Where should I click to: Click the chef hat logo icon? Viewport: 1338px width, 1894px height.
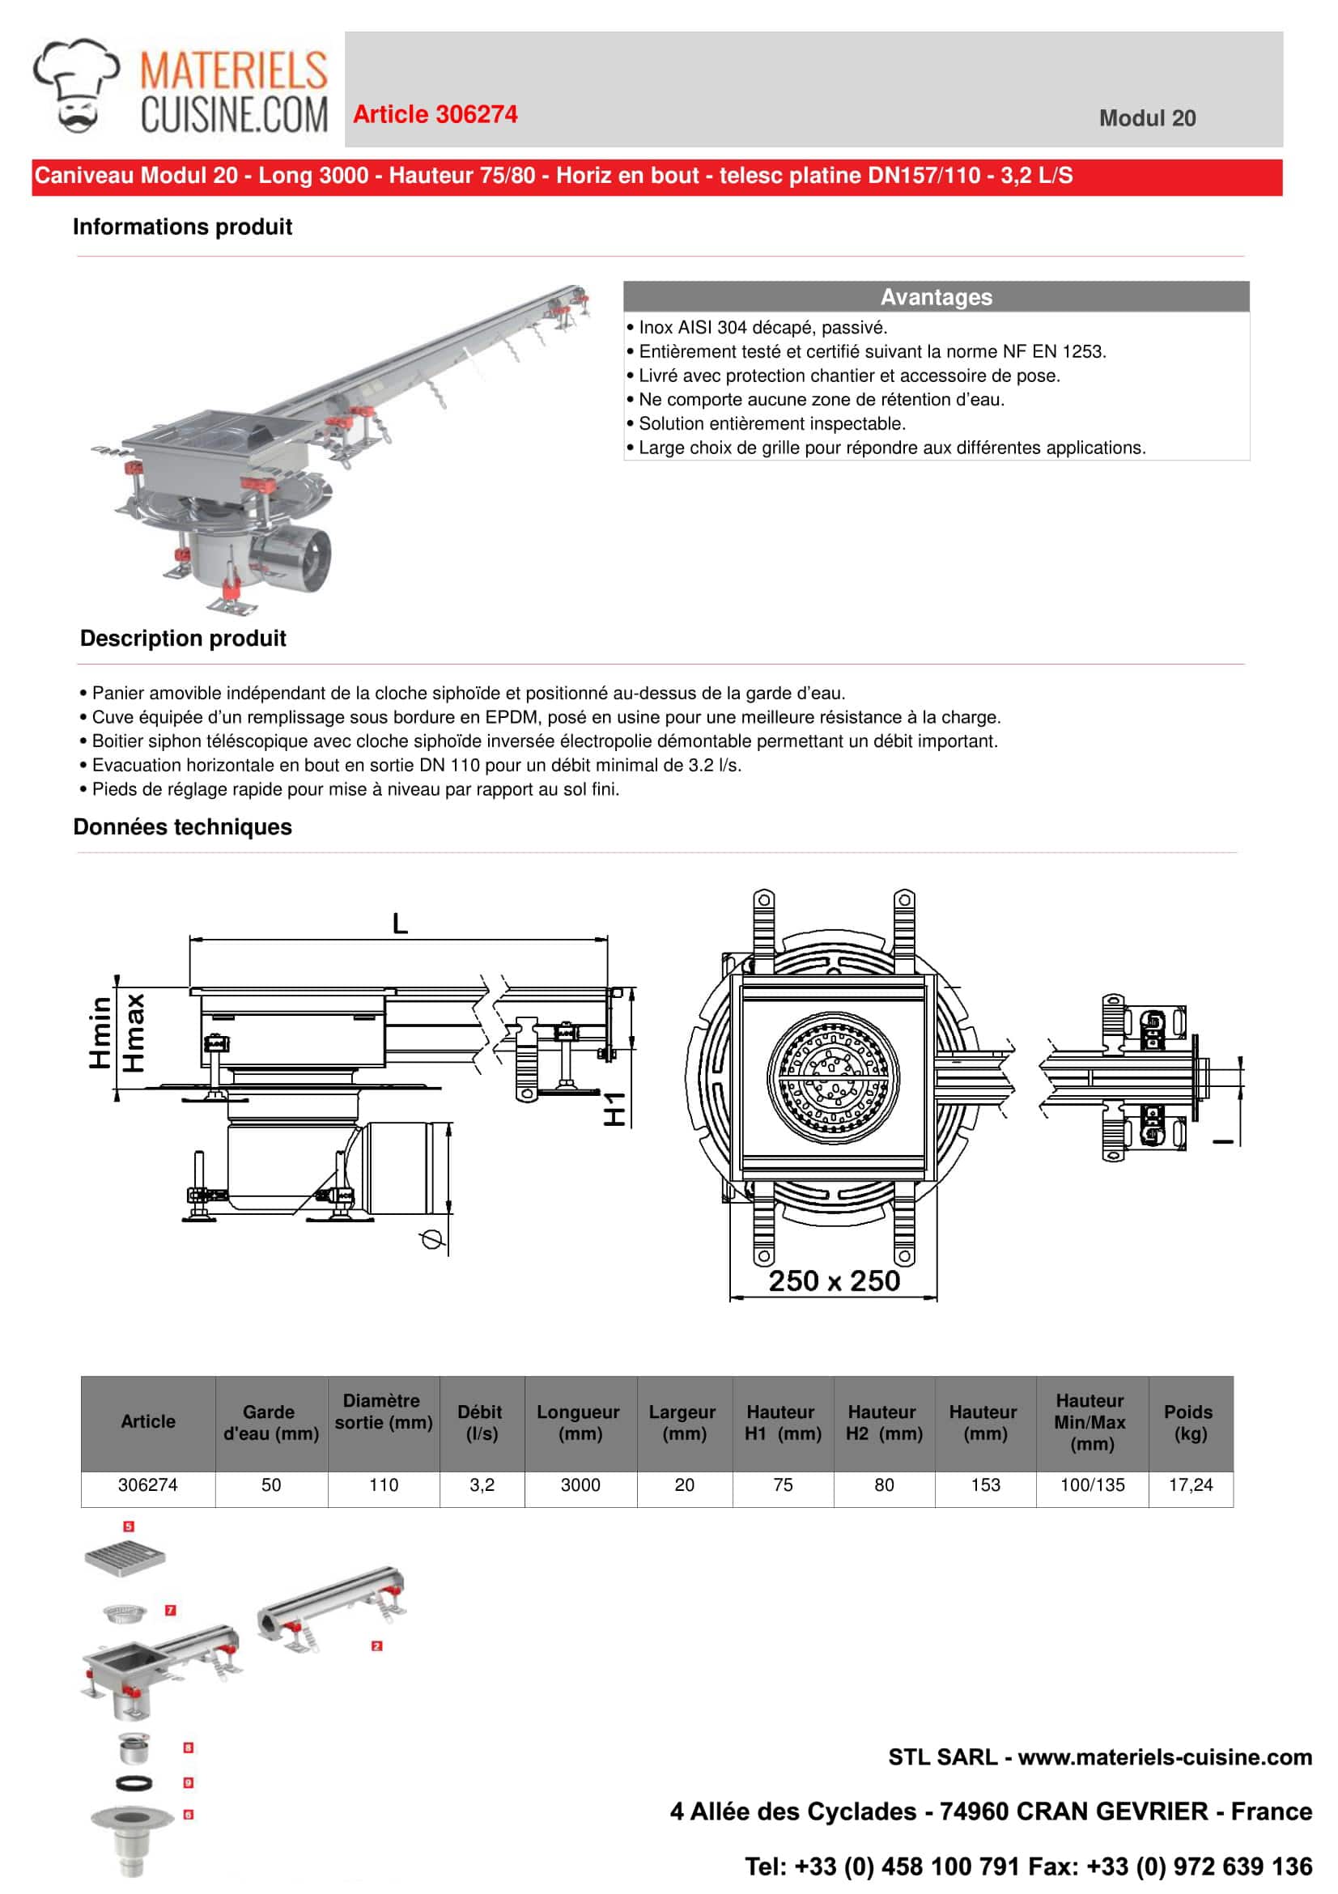[x=77, y=85]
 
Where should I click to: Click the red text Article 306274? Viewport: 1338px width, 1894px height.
[x=435, y=115]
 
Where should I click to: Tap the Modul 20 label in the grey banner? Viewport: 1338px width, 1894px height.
[x=1147, y=118]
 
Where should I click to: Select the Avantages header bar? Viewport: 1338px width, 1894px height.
[x=936, y=297]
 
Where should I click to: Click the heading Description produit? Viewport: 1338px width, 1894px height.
[x=182, y=639]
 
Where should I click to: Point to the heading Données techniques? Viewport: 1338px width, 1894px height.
[x=182, y=827]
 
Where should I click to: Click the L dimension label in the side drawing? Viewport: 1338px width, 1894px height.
[x=400, y=923]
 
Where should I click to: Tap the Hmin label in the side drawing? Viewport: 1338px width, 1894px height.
[x=100, y=1032]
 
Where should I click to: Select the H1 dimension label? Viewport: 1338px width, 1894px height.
[x=614, y=1109]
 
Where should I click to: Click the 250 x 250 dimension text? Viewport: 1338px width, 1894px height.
[x=834, y=1281]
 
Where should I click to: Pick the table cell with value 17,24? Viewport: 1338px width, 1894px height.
[x=1190, y=1484]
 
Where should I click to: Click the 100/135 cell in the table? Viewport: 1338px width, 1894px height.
[x=1091, y=1484]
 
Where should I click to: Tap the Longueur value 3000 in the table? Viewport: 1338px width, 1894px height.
[x=580, y=1484]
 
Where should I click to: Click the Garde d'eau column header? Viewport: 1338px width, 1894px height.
[x=270, y=1422]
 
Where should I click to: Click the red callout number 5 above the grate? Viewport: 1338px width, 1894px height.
[x=129, y=1526]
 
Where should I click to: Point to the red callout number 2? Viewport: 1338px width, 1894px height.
[x=377, y=1646]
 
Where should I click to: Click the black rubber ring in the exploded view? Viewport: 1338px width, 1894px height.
[x=133, y=1782]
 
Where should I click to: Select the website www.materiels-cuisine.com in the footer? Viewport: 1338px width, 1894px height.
[x=1165, y=1756]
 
